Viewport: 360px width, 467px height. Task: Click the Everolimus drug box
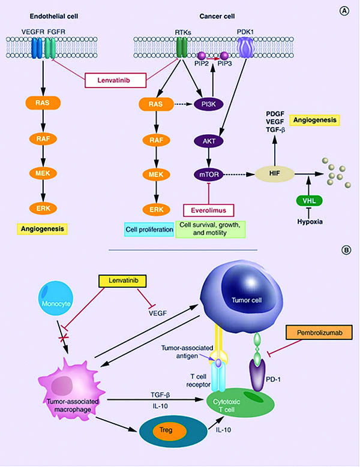pos(208,212)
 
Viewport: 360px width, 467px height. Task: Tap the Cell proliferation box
pos(148,228)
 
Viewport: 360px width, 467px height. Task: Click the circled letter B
pos(345,252)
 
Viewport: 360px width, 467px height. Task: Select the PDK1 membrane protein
pos(247,46)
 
